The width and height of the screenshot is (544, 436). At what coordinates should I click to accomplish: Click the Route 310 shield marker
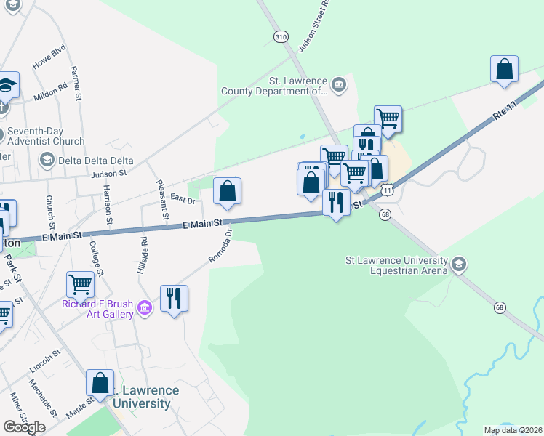(280, 36)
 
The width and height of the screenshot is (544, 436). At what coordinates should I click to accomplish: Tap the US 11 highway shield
(390, 189)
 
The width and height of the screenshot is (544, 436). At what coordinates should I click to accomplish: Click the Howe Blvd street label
(49, 57)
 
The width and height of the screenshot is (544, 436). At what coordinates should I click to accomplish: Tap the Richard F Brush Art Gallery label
(97, 309)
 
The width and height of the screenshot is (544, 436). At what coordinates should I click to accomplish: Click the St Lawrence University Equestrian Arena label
(396, 265)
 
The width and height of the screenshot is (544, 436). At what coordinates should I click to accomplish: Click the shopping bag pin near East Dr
(227, 192)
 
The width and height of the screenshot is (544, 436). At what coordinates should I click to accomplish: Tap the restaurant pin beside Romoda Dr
(174, 298)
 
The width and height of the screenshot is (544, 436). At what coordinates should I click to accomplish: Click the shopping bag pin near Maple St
(100, 382)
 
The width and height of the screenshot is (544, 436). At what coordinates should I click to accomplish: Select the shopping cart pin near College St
(80, 284)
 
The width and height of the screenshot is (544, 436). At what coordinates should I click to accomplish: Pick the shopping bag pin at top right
(504, 70)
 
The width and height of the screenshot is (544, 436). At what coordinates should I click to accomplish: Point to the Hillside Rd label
(143, 254)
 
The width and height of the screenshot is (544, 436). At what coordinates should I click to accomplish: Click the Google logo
(24, 427)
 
